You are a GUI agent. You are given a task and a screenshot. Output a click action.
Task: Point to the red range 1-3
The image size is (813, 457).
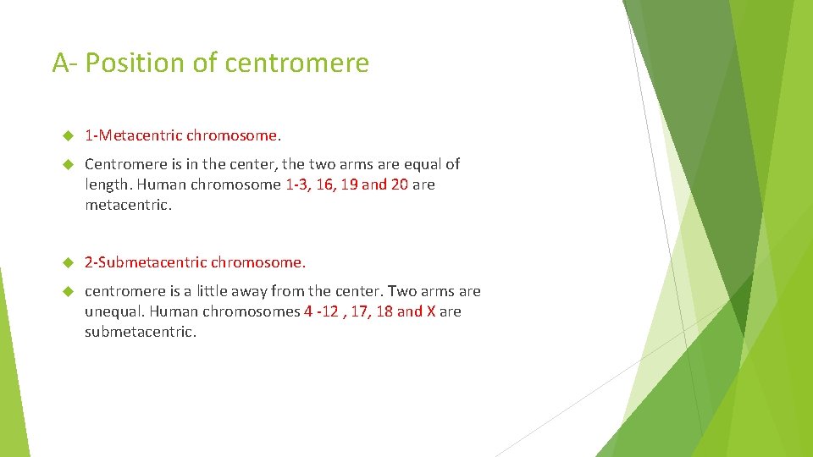point(297,184)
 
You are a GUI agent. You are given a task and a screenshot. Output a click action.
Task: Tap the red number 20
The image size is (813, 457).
point(400,184)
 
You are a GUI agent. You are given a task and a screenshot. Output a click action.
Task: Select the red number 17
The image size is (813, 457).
point(361,311)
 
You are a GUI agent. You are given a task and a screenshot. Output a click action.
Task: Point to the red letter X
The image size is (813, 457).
point(431,311)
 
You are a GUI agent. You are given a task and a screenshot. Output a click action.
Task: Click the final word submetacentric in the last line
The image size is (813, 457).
point(140,332)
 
